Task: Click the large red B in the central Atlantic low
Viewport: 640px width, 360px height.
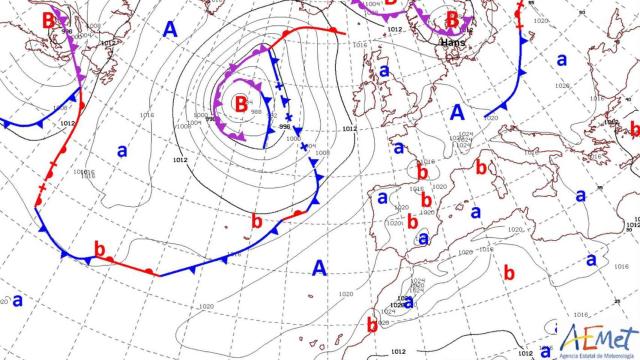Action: pos(240,101)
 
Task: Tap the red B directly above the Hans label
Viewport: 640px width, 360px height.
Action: pos(453,19)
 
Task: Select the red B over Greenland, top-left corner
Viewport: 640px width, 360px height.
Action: pos(49,19)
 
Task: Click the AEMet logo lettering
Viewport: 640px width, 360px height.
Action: pos(599,335)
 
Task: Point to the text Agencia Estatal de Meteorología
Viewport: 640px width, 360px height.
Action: pos(597,353)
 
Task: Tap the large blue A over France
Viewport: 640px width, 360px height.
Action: pos(458,112)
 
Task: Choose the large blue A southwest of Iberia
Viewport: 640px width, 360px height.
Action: pos(319,267)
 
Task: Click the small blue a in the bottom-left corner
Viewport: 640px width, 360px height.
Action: pos(17,299)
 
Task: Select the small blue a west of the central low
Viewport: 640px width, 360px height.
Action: pos(122,151)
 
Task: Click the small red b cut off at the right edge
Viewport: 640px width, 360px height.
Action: pos(634,129)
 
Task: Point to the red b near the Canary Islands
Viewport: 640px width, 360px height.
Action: pos(372,324)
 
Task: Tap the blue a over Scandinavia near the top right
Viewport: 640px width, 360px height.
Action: pos(562,59)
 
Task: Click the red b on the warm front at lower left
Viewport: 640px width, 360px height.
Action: pos(99,247)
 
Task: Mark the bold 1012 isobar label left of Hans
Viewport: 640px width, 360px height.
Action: pos(396,30)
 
